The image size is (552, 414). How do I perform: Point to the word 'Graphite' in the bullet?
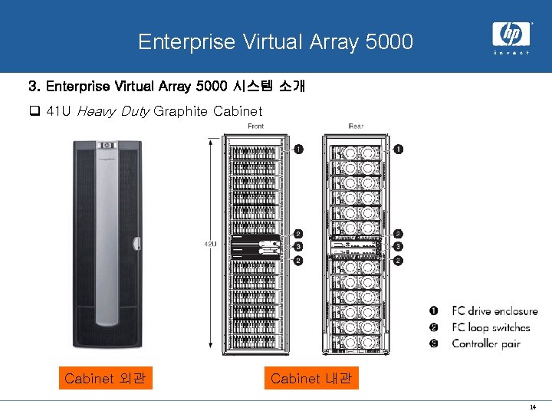coord(180,112)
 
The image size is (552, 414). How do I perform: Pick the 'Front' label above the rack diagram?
coord(255,127)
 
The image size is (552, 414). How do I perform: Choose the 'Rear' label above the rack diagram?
coord(355,127)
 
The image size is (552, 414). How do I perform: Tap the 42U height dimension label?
coord(209,244)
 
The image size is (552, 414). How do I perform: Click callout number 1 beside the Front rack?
coord(298,149)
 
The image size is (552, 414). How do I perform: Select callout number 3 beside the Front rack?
coord(298,247)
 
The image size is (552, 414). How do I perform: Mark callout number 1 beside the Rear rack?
coord(399,149)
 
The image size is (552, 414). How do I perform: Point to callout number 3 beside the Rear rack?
coord(398,247)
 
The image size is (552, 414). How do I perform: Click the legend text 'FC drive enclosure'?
coord(495,311)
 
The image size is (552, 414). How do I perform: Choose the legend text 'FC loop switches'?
coord(491,327)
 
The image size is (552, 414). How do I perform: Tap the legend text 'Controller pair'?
coord(486,343)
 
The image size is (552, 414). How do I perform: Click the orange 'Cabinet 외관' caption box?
coord(106,379)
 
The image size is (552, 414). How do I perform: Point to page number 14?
coord(532,406)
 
